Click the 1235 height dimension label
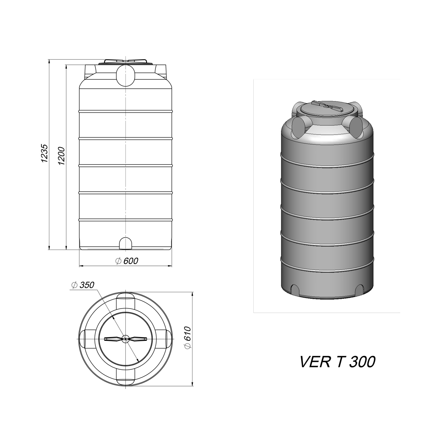click(x=44, y=153)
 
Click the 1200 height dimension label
click(x=62, y=156)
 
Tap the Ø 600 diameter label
click(x=126, y=261)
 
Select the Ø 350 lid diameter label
click(x=83, y=285)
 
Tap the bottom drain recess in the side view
click(x=126, y=243)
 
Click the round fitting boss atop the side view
click(x=126, y=75)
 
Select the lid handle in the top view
click(x=126, y=339)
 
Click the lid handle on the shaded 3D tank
click(x=327, y=106)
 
